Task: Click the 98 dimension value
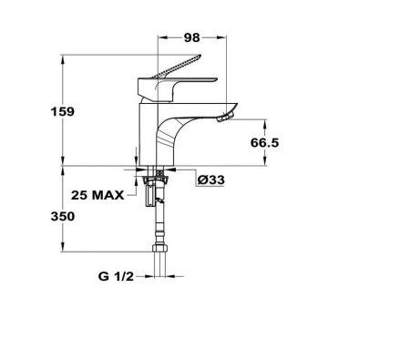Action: pos(192,37)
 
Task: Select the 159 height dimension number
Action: pos(63,112)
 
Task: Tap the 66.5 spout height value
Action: pos(264,142)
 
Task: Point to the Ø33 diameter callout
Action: pos(211,180)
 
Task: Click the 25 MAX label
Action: pos(97,195)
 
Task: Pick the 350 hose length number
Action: pos(63,217)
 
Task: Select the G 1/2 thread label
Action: pos(116,276)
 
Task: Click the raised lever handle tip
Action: pos(199,57)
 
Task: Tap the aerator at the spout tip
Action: pos(225,118)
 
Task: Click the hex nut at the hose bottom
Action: pos(159,248)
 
